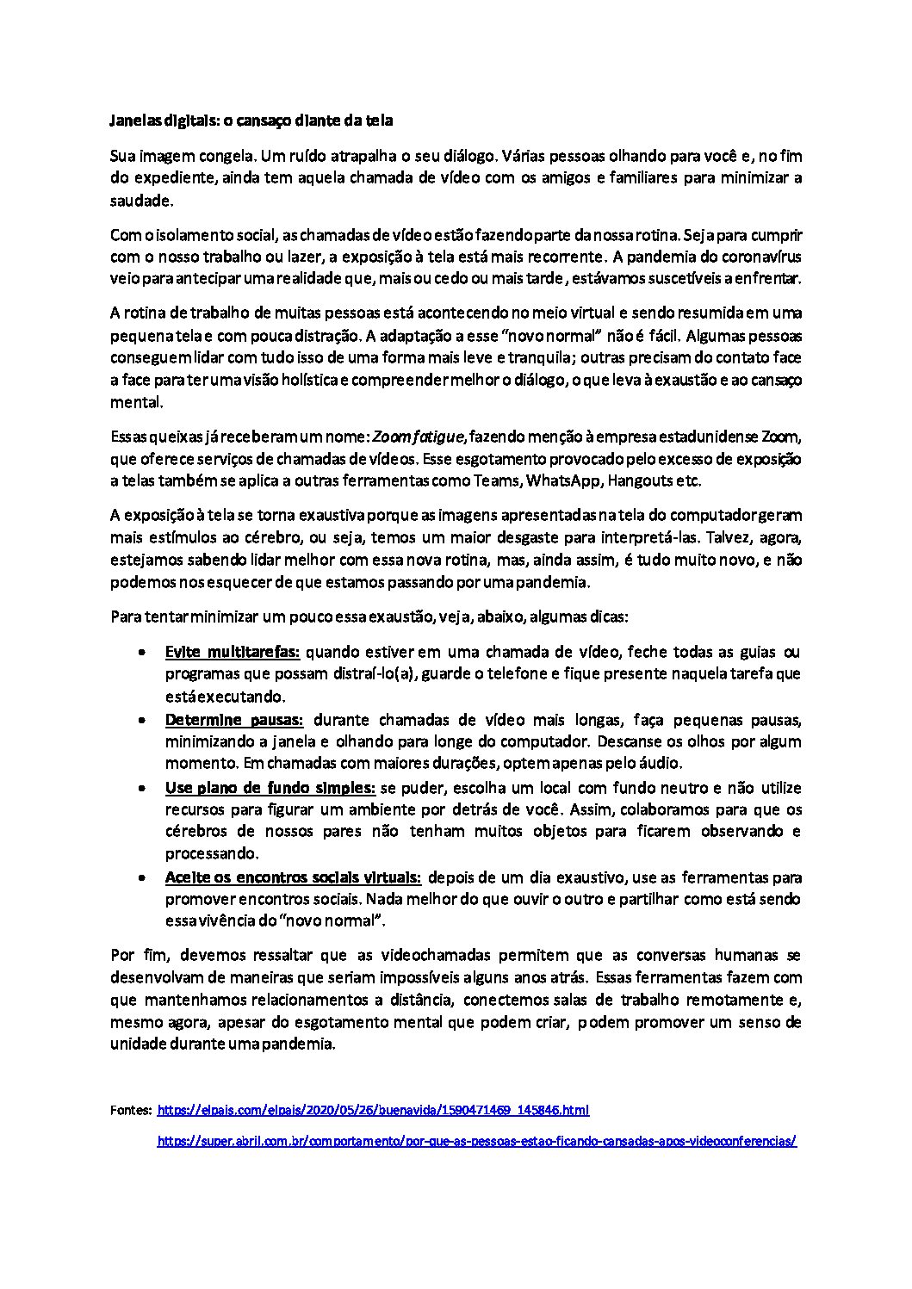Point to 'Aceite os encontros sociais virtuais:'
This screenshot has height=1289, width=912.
tap(293, 877)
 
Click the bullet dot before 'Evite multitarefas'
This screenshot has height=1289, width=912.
tap(141, 652)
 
